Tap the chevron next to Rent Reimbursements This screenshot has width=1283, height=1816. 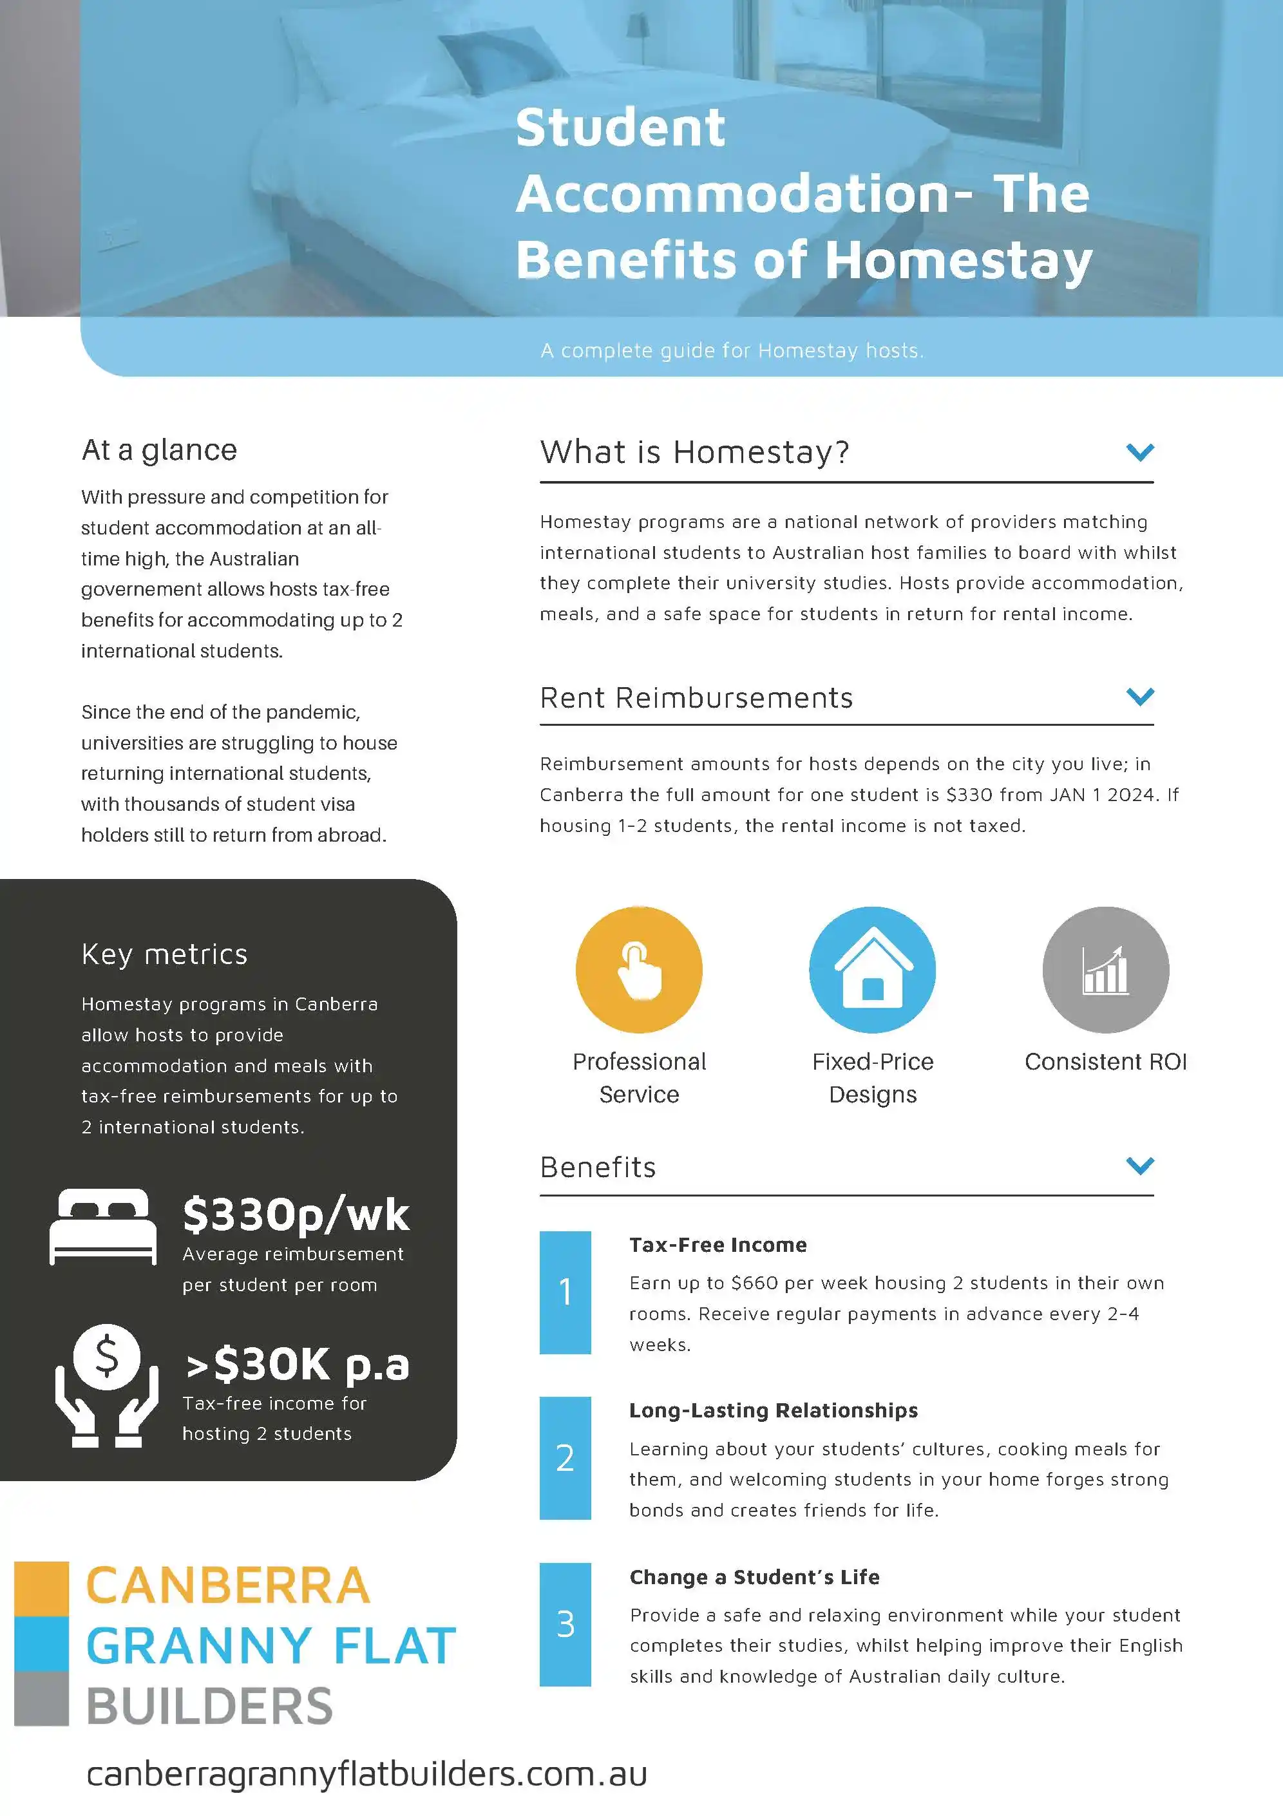coord(1140,696)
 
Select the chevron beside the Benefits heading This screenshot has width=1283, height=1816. coord(1140,1165)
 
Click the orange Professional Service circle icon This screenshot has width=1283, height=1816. coord(639,970)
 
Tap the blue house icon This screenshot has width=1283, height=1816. coord(873,970)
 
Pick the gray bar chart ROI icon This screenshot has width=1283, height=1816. coord(1105,970)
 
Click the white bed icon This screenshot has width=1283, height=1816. coord(103,1226)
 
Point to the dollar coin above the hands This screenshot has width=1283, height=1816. coord(107,1357)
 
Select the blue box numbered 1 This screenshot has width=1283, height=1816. coord(565,1292)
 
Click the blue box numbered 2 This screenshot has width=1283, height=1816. coord(565,1458)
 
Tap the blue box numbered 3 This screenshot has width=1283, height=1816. coord(565,1624)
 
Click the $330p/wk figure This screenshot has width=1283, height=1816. coord(296,1215)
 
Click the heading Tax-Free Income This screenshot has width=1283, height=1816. coord(718,1245)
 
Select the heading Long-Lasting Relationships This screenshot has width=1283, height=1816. coord(773,1410)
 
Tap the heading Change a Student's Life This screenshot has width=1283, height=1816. coord(754,1576)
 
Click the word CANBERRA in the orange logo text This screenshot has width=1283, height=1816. coord(228,1586)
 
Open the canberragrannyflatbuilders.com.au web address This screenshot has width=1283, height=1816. coord(366,1773)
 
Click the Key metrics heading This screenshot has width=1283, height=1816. coord(164,954)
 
